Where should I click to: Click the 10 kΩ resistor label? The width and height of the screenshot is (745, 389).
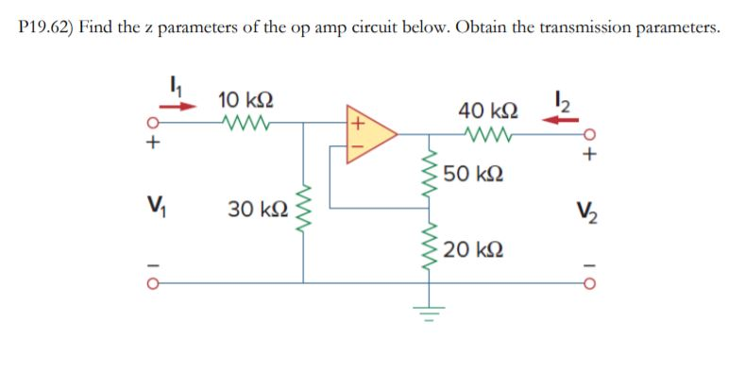246,99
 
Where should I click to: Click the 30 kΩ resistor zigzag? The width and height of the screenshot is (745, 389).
303,213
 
